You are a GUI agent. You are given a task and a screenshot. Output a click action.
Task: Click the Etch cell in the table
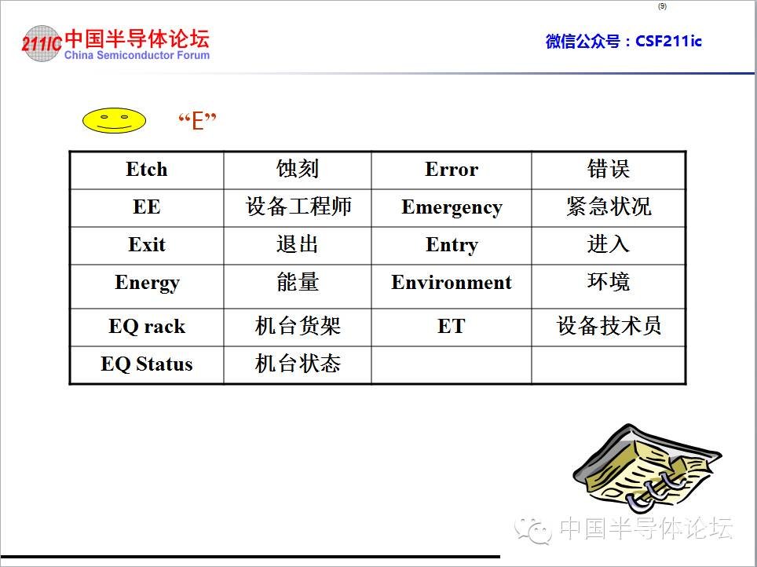147,170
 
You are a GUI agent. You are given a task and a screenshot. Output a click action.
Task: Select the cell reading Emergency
452,207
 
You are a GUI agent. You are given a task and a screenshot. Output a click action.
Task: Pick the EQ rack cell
147,327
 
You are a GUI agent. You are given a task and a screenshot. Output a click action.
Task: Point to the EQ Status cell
147,364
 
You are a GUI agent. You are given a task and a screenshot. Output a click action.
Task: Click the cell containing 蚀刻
298,170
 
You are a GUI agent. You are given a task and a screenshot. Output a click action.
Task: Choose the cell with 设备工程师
298,207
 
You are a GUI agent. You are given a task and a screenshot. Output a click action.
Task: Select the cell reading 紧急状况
609,207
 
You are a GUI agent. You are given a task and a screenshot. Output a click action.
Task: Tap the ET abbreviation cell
452,327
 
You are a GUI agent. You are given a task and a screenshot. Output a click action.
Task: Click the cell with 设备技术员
609,327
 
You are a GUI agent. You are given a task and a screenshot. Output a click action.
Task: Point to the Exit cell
147,245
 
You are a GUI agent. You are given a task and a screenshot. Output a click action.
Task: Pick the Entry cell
452,245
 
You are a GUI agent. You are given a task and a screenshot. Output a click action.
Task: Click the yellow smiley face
115,120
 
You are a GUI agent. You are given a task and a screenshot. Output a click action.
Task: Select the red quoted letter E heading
197,121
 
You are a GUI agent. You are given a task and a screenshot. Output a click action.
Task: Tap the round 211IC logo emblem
42,43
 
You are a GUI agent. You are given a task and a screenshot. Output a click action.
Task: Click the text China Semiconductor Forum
137,55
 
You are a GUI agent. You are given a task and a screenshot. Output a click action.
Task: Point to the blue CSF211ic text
668,41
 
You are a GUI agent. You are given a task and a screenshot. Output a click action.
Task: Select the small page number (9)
663,6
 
